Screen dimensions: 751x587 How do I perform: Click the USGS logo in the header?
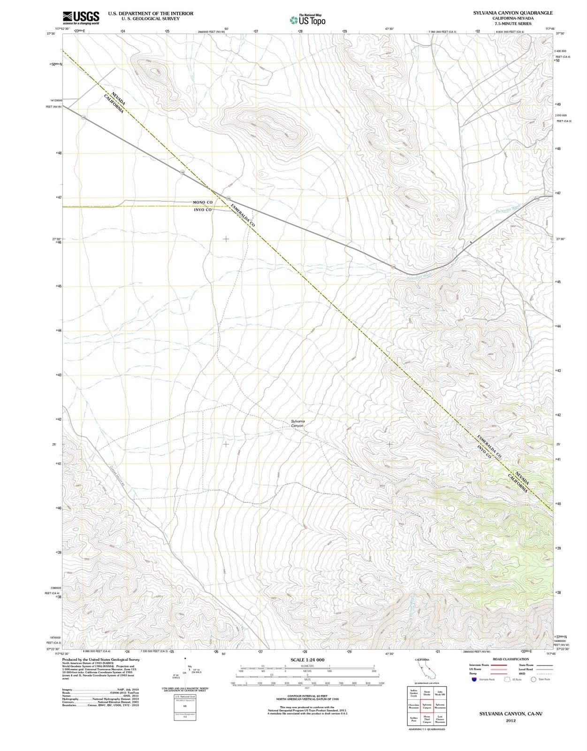(x=81, y=17)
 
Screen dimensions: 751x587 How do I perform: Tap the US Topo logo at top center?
(x=307, y=20)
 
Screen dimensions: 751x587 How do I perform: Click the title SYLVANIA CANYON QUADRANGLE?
(x=512, y=13)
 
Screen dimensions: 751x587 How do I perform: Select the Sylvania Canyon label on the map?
(x=297, y=423)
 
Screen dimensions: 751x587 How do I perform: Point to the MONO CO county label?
(x=203, y=202)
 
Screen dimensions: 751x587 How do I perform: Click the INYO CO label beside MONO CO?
(x=203, y=210)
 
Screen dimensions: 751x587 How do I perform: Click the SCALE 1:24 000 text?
(x=307, y=660)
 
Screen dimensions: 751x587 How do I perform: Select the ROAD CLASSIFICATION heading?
(x=511, y=659)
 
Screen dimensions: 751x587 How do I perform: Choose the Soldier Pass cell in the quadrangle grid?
(x=414, y=719)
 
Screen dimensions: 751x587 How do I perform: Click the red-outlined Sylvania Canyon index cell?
(x=427, y=706)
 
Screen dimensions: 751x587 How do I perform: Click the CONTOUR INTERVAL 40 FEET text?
(x=307, y=696)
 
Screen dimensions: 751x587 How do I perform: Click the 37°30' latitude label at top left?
(x=51, y=34)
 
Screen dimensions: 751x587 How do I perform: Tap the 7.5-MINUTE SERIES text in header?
(x=512, y=23)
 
